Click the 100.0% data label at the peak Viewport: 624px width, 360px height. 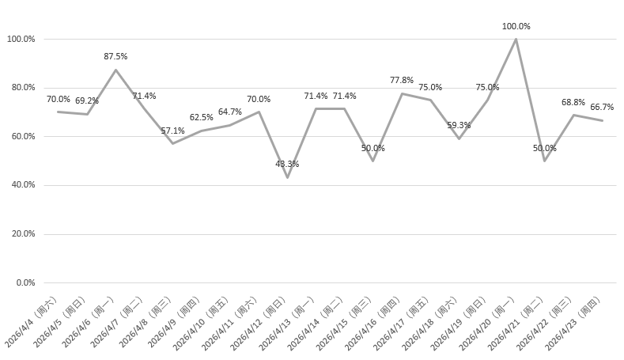click(516, 26)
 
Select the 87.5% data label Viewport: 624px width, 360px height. click(115, 56)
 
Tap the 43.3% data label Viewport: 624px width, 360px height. click(287, 164)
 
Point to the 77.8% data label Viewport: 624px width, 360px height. click(402, 80)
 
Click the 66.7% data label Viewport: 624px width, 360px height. click(602, 107)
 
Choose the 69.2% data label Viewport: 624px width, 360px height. click(87, 100)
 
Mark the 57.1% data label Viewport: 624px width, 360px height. click(172, 131)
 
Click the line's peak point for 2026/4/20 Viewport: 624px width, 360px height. click(516, 39)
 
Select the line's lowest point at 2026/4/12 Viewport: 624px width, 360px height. click(287, 177)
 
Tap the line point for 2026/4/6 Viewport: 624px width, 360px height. click(115, 70)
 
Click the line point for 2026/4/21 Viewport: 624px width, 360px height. click(544, 161)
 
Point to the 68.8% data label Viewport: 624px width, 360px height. click(573, 102)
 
